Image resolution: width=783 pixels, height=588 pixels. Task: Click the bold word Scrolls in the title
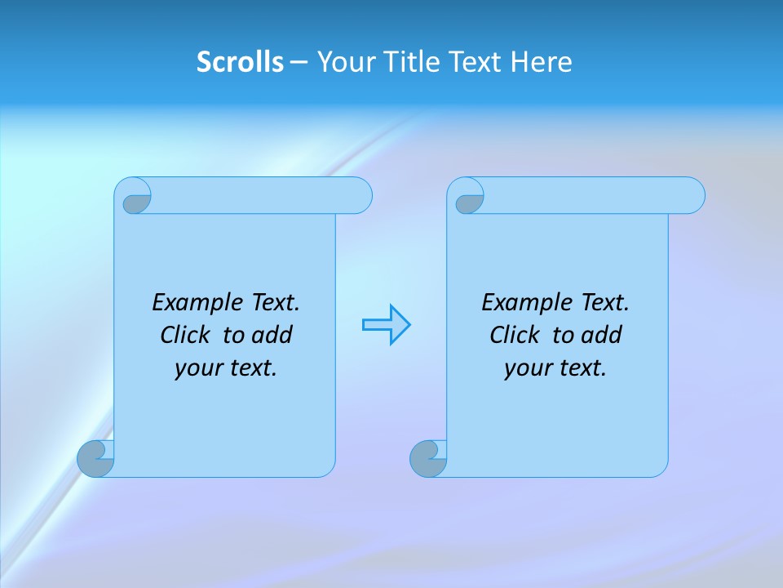coord(240,62)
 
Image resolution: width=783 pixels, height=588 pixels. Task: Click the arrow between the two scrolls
coord(386,325)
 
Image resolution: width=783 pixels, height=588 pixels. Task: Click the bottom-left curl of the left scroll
coord(95,460)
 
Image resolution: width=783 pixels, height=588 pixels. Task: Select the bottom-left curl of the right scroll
coord(428,460)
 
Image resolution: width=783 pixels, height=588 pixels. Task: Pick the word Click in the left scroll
coord(187,336)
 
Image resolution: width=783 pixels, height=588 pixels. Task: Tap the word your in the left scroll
coord(197,369)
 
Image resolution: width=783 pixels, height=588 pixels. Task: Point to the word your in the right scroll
coord(527,369)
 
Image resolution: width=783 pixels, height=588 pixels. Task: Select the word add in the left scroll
coord(272,336)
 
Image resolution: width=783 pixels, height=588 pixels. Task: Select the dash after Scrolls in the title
coord(298,62)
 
